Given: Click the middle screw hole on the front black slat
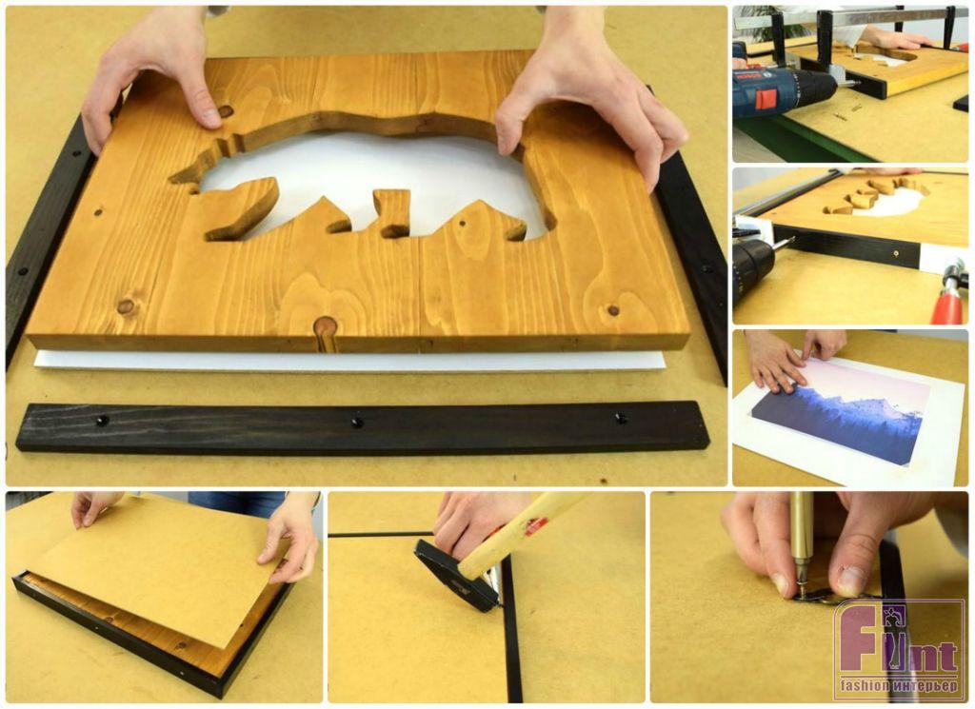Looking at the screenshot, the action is pos(357,423).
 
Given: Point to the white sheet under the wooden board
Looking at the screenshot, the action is pos(348,362).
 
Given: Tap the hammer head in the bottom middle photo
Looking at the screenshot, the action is pos(457,575).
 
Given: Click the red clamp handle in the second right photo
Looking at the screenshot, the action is pos(946,305).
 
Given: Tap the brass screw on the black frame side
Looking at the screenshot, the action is pos(895,253).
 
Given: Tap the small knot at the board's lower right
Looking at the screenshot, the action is pos(613,310).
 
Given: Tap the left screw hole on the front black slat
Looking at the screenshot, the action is pos(102,420).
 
